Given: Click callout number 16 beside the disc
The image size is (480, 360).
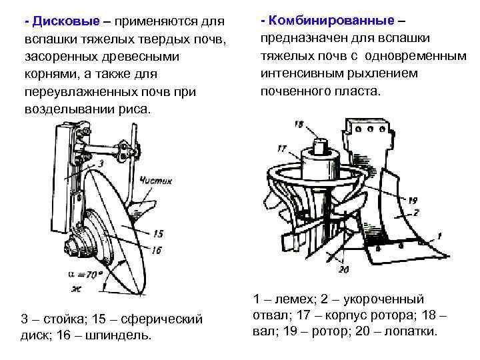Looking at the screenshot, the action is coord(157,250).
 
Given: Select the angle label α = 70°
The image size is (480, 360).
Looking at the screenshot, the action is coord(85,274).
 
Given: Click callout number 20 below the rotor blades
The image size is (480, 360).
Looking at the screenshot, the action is coord(343,269).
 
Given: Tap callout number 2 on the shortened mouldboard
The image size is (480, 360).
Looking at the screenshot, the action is coord(415,213).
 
